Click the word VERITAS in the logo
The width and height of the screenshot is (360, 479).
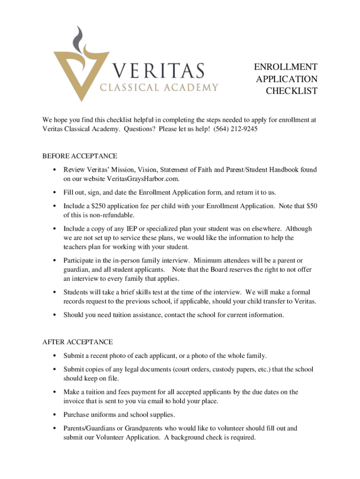tap(158, 71)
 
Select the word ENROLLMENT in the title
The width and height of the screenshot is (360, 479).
tap(286, 67)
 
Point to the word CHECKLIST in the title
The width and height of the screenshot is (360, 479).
tap(291, 91)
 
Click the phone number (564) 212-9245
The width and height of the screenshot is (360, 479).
tap(235, 129)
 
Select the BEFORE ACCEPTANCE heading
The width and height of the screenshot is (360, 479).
tap(79, 156)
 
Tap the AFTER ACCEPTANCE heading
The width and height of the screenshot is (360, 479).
tap(77, 342)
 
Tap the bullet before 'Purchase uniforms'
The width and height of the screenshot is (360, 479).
tap(55, 415)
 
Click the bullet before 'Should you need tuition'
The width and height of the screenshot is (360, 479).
tap(55, 315)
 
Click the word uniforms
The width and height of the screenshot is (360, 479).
tap(102, 414)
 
